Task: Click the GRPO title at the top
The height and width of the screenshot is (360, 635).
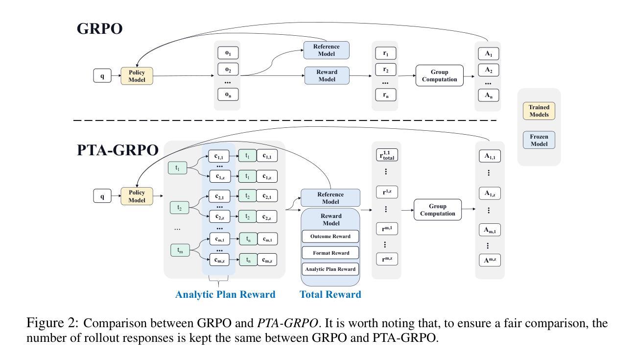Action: (x=99, y=29)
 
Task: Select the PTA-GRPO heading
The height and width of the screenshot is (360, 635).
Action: (x=118, y=150)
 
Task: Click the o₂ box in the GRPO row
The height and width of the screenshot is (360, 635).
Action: (x=228, y=70)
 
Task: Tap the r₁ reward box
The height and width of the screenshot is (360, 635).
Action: (x=386, y=53)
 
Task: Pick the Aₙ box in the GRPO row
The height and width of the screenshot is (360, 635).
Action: (x=488, y=95)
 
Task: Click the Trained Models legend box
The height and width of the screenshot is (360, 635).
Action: (x=539, y=111)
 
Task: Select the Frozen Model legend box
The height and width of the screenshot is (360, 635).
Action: (x=539, y=140)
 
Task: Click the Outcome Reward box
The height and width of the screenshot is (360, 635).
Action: (x=330, y=237)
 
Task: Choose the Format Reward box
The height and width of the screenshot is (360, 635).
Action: (x=330, y=253)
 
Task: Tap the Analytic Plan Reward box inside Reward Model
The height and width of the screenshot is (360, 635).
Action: (x=330, y=269)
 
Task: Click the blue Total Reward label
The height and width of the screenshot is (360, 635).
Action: (x=330, y=294)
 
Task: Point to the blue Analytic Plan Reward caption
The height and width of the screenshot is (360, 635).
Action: (x=225, y=294)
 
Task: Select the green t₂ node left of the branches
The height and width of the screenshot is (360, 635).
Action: (x=180, y=208)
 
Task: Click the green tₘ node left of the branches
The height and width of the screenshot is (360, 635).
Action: (x=180, y=250)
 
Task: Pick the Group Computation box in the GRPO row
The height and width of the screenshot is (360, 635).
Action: (x=439, y=75)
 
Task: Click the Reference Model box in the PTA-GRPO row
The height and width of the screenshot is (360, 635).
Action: (x=330, y=198)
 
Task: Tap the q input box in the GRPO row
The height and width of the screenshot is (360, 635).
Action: (x=102, y=76)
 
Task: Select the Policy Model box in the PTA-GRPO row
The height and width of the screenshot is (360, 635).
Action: (x=137, y=196)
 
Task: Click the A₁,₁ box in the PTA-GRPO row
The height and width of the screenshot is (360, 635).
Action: (x=490, y=156)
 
